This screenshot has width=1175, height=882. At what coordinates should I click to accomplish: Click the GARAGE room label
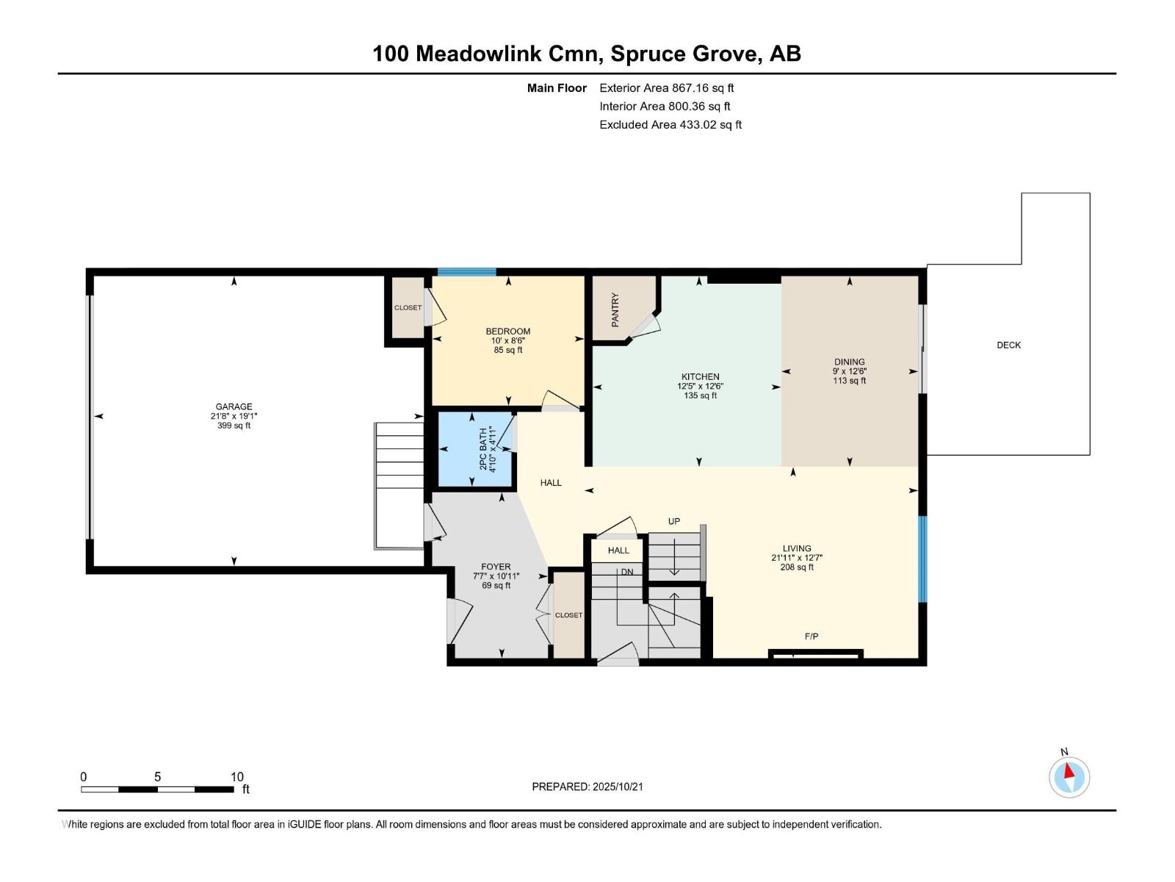point(234,406)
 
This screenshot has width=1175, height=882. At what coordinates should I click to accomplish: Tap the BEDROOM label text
point(507,331)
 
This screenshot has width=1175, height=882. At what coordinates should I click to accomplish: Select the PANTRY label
point(615,309)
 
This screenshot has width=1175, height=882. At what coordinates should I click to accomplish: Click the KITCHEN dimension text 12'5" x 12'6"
point(700,386)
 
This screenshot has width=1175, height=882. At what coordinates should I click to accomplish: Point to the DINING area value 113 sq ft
point(849,381)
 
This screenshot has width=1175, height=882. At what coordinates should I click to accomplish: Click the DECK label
point(1008,345)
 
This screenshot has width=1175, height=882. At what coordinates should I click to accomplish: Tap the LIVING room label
point(797,548)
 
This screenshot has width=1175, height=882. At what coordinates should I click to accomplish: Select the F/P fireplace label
point(811,637)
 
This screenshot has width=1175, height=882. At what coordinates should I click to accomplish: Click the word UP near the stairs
point(673,521)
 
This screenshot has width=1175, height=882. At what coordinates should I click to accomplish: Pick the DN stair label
point(626,572)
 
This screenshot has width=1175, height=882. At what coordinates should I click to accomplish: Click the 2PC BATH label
point(483,449)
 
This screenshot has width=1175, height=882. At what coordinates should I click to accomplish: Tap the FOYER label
point(496,567)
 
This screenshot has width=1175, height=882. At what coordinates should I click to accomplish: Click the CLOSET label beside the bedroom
point(408,307)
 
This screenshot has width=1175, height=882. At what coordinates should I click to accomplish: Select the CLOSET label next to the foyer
point(568,615)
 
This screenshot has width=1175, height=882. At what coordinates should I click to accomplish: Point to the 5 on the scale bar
point(157,777)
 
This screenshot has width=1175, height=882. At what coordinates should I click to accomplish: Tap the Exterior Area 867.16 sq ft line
point(666,87)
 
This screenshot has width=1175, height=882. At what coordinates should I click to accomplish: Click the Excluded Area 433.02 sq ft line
point(670,124)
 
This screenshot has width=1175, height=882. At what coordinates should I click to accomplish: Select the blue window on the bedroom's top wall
point(467,272)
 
